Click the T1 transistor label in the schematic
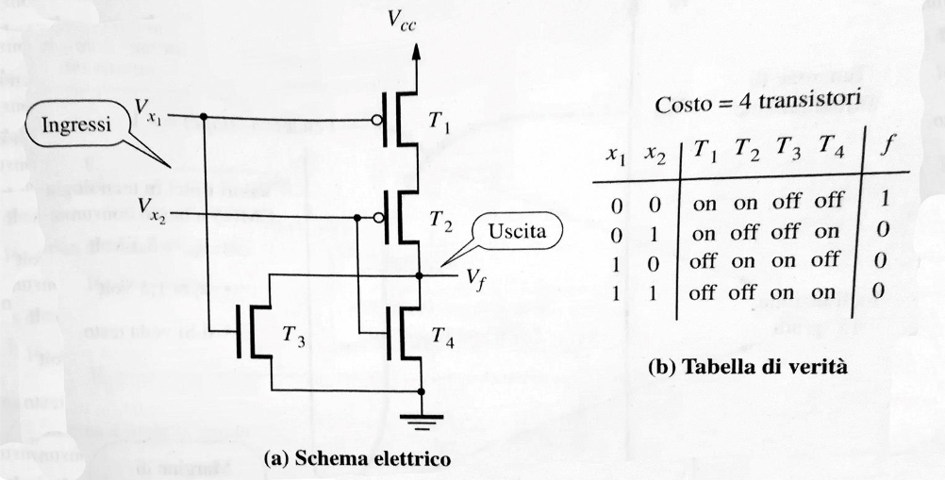439,120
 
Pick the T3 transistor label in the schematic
294,335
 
